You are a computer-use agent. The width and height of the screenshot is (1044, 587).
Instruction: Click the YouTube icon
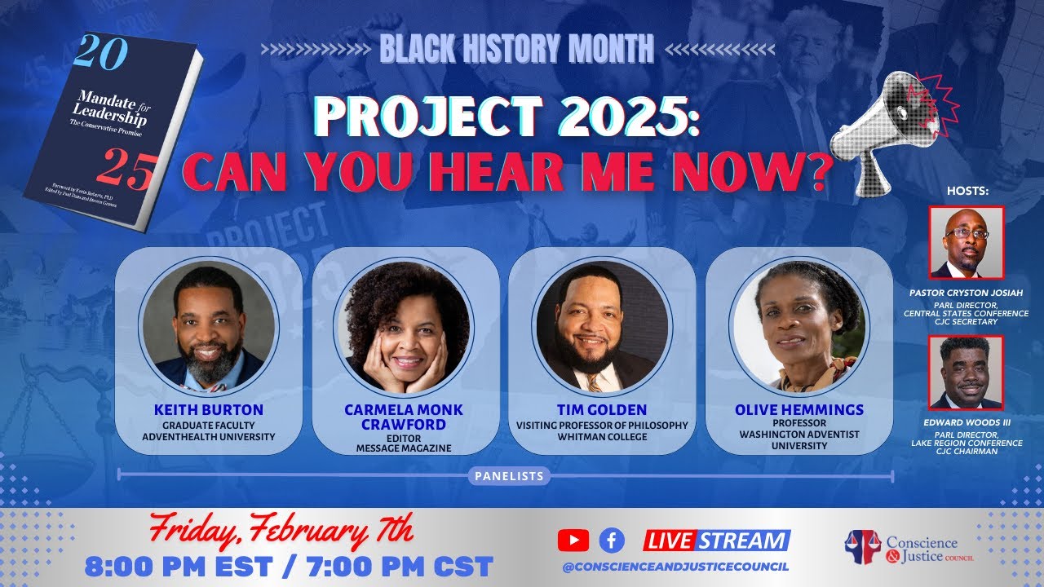(x=573, y=540)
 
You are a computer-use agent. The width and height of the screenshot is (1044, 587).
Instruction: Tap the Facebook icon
(x=612, y=540)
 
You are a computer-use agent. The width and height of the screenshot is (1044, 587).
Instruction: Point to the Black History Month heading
(x=516, y=50)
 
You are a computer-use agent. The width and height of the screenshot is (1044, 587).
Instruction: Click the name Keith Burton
(x=208, y=410)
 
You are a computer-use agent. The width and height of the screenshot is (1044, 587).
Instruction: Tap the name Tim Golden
(x=602, y=410)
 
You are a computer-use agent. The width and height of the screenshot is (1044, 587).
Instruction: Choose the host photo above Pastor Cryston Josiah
(x=966, y=242)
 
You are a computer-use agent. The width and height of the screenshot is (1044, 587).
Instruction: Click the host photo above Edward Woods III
(x=966, y=373)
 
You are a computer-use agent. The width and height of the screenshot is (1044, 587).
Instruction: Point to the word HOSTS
(x=967, y=191)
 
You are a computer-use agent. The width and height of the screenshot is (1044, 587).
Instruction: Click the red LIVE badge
(x=669, y=541)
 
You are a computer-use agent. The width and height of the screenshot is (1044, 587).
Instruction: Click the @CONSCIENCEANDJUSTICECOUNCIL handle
(x=675, y=567)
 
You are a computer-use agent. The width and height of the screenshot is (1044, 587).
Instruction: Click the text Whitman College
(x=602, y=437)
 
